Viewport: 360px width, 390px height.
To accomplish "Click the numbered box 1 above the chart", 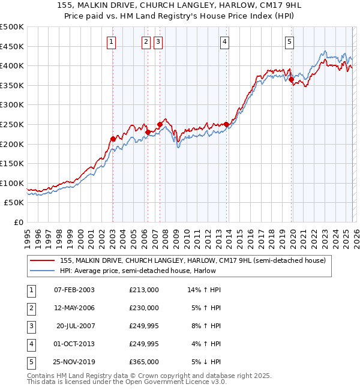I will [112, 41].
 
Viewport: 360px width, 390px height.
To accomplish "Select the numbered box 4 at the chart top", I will [224, 41].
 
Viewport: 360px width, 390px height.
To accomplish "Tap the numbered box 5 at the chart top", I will [289, 41].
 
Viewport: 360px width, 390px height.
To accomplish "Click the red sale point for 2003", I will [113, 139].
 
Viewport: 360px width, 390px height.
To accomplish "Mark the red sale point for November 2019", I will [291, 79].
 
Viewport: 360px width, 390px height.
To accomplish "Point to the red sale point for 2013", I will [226, 124].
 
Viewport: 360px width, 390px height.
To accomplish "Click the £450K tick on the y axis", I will [11, 46].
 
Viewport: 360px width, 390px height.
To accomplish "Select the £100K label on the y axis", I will [11, 184].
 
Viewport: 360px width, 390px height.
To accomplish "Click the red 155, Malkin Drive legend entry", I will [192, 260].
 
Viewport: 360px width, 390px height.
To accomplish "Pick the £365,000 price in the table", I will [144, 362].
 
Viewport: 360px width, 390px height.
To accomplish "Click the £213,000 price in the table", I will [144, 289].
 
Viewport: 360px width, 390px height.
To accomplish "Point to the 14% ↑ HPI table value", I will [204, 289].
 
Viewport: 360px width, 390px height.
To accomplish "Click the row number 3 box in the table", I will [31, 326].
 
